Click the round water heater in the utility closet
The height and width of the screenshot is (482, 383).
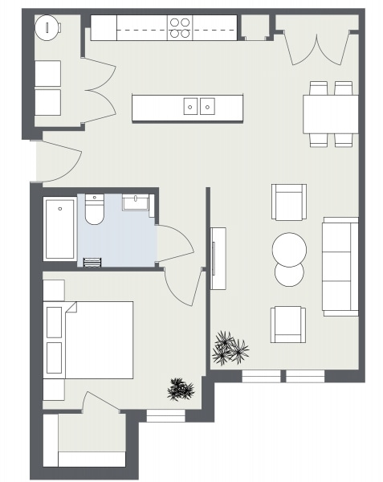coord(48,27)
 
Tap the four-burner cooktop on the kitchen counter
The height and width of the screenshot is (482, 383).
coord(180,28)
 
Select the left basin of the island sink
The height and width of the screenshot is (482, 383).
coord(190,105)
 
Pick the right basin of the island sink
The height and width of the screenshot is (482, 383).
coord(208,105)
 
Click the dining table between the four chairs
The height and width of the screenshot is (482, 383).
coord(330,114)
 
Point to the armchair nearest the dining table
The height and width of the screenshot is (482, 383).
coord(288,202)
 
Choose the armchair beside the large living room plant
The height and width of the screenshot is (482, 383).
coord(288,324)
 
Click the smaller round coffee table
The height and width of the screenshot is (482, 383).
coord(289,274)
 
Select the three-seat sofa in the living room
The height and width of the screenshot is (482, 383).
coord(340,266)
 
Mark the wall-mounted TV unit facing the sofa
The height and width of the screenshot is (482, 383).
coord(218,257)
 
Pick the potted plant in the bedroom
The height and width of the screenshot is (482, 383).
coord(180,390)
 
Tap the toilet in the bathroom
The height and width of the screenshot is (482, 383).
coord(93,212)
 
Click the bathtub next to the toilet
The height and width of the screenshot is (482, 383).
coord(59,230)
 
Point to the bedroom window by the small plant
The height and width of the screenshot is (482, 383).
coord(166,415)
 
